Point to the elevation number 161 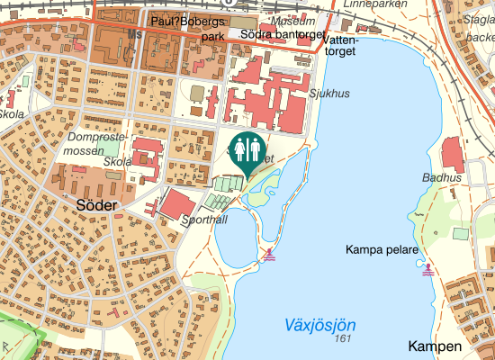(x=340, y=338)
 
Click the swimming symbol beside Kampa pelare (x=427, y=267)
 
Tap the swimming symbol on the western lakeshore (x=269, y=255)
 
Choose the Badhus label (x=445, y=178)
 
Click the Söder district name (x=90, y=206)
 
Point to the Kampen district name (x=434, y=346)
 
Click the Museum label (x=293, y=21)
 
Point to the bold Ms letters (x=136, y=34)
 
